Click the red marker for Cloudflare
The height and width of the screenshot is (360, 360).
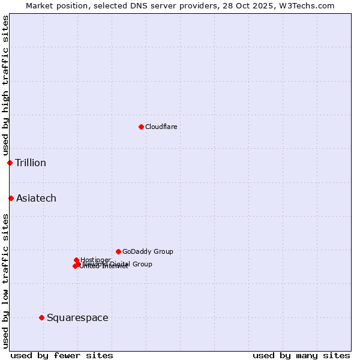(x=141, y=127)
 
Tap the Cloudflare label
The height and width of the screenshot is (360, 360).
(x=161, y=127)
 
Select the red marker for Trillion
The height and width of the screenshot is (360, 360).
(x=10, y=163)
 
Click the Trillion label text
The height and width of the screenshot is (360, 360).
(x=31, y=163)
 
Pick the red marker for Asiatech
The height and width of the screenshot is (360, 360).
(x=11, y=198)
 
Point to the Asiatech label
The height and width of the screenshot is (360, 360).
(x=36, y=198)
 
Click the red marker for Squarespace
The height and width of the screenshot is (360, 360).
(x=41, y=317)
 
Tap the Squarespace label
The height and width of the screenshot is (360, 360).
(x=77, y=317)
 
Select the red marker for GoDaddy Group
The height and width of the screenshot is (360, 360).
(x=118, y=251)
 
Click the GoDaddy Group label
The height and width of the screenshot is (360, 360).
(x=148, y=251)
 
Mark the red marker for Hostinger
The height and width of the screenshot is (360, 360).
(x=76, y=260)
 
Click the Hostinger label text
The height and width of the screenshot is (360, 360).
(x=95, y=259)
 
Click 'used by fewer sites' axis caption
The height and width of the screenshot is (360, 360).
(x=62, y=355)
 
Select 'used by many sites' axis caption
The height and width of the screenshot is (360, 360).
(x=301, y=355)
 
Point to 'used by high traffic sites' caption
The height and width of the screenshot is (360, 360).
(x=5, y=85)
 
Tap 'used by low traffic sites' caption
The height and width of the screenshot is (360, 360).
(x=5, y=280)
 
